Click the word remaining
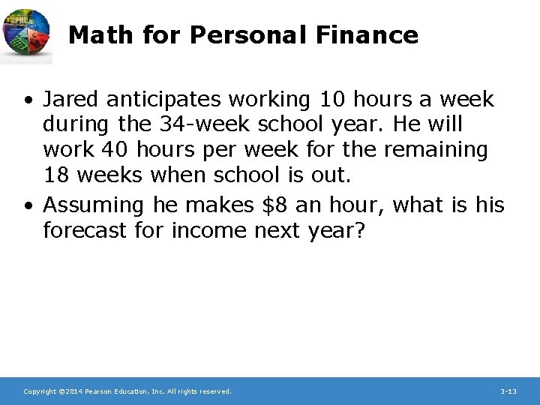[x=435, y=150]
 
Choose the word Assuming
[x=93, y=204]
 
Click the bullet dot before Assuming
[x=27, y=205]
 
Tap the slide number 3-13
[x=508, y=391]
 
